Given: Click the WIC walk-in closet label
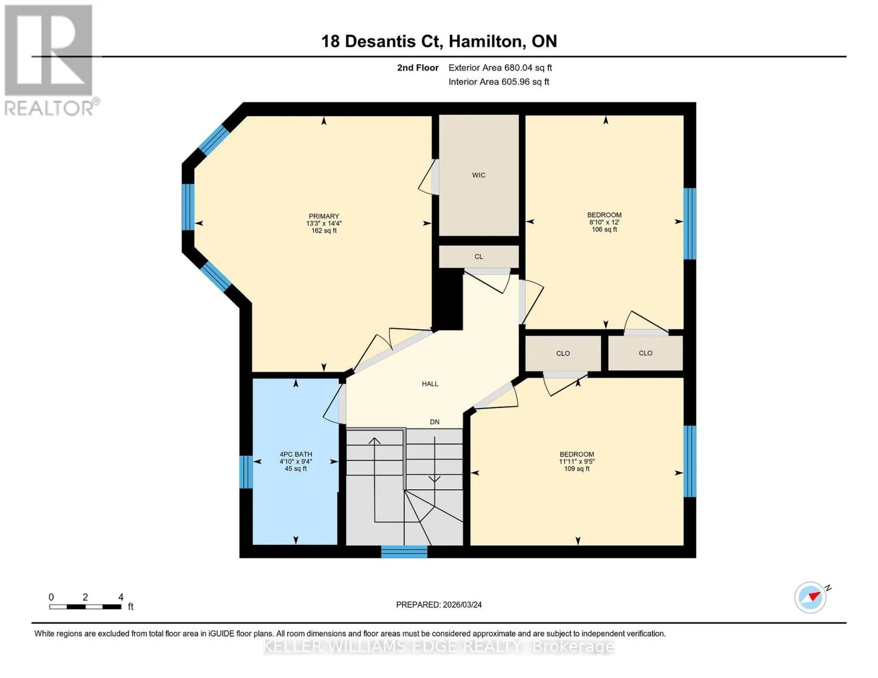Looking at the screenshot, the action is [478, 175].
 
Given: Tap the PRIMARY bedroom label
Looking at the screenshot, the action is [323, 216].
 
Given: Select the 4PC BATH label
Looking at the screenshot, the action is [296, 454].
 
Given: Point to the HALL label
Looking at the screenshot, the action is [430, 384].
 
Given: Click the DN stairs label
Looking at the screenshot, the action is [434, 421].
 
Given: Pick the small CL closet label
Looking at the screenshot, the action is [478, 257].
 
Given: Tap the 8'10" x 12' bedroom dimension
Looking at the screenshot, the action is [604, 222].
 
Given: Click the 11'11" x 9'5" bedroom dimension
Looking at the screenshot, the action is [577, 461].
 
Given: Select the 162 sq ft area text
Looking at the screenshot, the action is [323, 231].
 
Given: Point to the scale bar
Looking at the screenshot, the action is [85, 607].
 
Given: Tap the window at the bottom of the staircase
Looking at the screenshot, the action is [404, 551].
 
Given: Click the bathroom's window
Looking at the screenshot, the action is [246, 472].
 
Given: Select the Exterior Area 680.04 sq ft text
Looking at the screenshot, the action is [500, 68].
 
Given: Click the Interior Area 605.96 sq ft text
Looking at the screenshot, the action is [499, 82].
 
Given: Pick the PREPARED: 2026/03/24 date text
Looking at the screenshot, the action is [439, 605].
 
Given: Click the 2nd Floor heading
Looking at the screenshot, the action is [418, 68].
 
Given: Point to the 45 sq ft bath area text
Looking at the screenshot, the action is [296, 468].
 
